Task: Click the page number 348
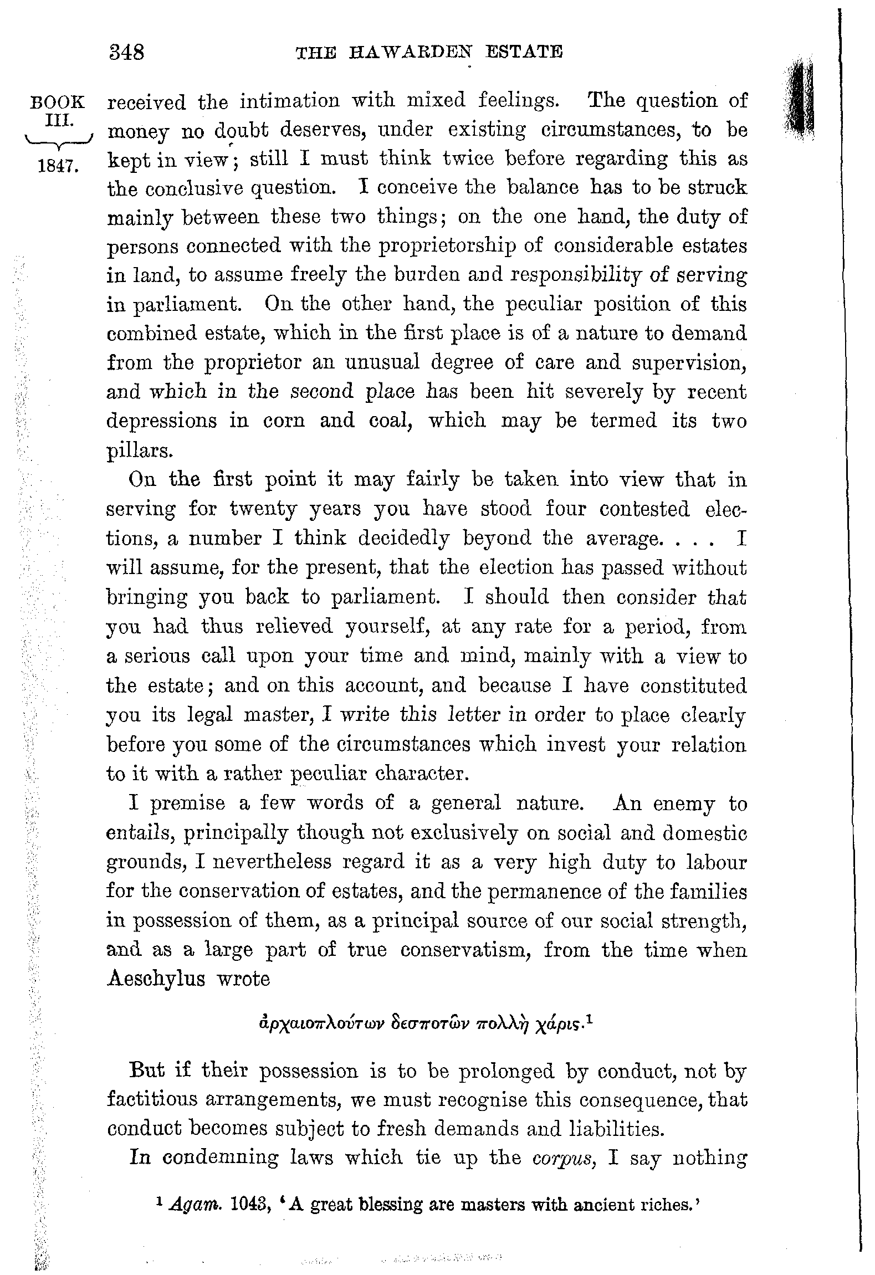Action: tap(127, 53)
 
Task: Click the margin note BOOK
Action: tap(58, 103)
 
